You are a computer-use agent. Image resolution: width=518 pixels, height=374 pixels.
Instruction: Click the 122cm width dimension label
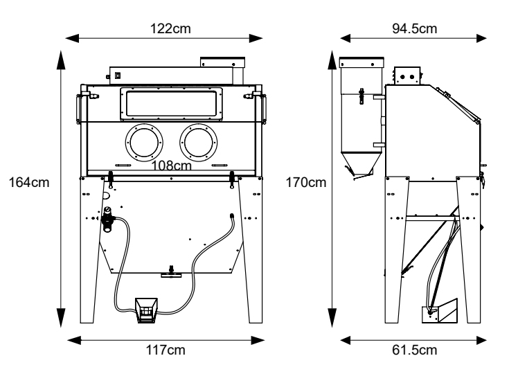coord(170,28)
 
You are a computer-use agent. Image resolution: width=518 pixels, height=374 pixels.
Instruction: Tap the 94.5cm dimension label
coord(413,28)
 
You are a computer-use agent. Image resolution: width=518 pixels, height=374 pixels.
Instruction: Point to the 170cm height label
coord(306,183)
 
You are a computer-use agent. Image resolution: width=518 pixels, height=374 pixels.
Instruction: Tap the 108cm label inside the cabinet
coord(172,166)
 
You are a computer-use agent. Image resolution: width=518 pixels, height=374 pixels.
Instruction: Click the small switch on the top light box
coord(118,74)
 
